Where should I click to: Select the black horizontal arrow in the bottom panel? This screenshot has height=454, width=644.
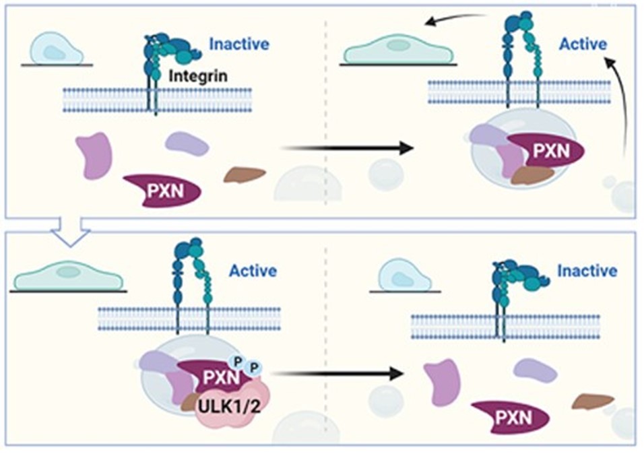click(337, 371)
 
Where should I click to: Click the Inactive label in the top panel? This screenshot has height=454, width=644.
click(238, 44)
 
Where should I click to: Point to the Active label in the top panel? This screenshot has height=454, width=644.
click(583, 44)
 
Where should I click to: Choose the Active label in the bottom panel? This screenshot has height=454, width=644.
click(253, 271)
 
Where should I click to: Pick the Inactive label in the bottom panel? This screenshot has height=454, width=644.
click(586, 271)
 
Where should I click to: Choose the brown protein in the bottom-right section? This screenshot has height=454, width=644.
click(593, 401)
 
